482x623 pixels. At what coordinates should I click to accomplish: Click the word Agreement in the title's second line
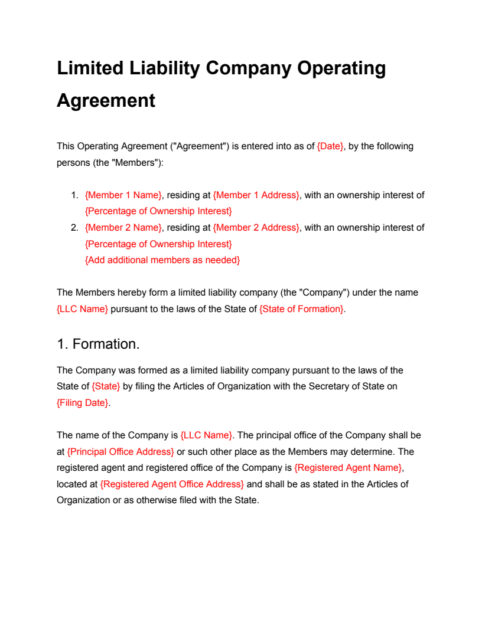tap(106, 100)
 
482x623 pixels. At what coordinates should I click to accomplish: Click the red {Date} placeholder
tap(330, 146)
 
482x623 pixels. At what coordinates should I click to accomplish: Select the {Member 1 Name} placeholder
tap(123, 195)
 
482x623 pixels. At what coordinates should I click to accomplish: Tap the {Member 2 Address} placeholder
tap(256, 228)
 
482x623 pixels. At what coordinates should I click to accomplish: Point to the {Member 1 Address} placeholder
tap(256, 195)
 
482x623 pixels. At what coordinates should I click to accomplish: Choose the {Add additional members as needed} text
tap(162, 260)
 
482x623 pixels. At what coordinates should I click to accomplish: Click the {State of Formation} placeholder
tap(302, 309)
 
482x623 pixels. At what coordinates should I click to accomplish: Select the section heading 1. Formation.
tap(98, 344)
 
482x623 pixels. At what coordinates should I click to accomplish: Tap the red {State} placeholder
tap(106, 386)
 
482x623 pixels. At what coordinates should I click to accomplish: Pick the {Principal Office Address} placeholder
tap(120, 452)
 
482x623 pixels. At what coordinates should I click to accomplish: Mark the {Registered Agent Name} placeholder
tap(349, 468)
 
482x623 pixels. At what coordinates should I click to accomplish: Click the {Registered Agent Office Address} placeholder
tap(172, 484)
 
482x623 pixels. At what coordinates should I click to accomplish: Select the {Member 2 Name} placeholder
tap(123, 228)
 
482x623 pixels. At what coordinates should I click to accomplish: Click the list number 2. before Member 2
tap(74, 228)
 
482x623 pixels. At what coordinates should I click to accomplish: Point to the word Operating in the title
tap(341, 68)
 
